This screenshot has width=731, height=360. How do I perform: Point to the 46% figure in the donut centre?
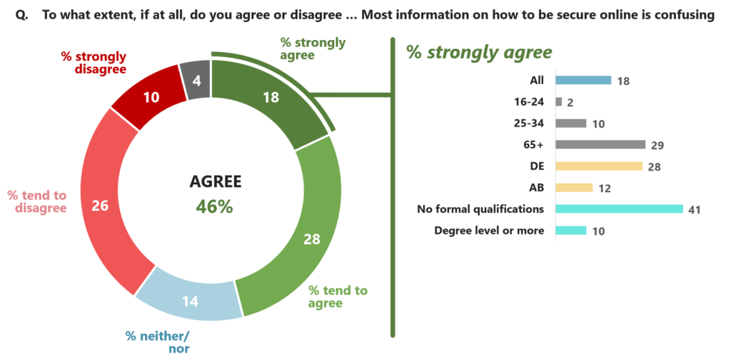[215, 206]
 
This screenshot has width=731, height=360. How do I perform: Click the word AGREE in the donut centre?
[215, 181]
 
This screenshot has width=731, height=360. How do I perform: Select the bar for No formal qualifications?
[619, 209]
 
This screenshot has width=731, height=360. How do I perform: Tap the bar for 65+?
[600, 144]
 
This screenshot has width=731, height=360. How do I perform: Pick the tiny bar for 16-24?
[558, 101]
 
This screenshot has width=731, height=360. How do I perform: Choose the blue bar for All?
[583, 80]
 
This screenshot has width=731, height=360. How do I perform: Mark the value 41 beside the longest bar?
[695, 209]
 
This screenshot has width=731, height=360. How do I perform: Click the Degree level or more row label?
[489, 230]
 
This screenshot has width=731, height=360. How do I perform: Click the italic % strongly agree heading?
[479, 51]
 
